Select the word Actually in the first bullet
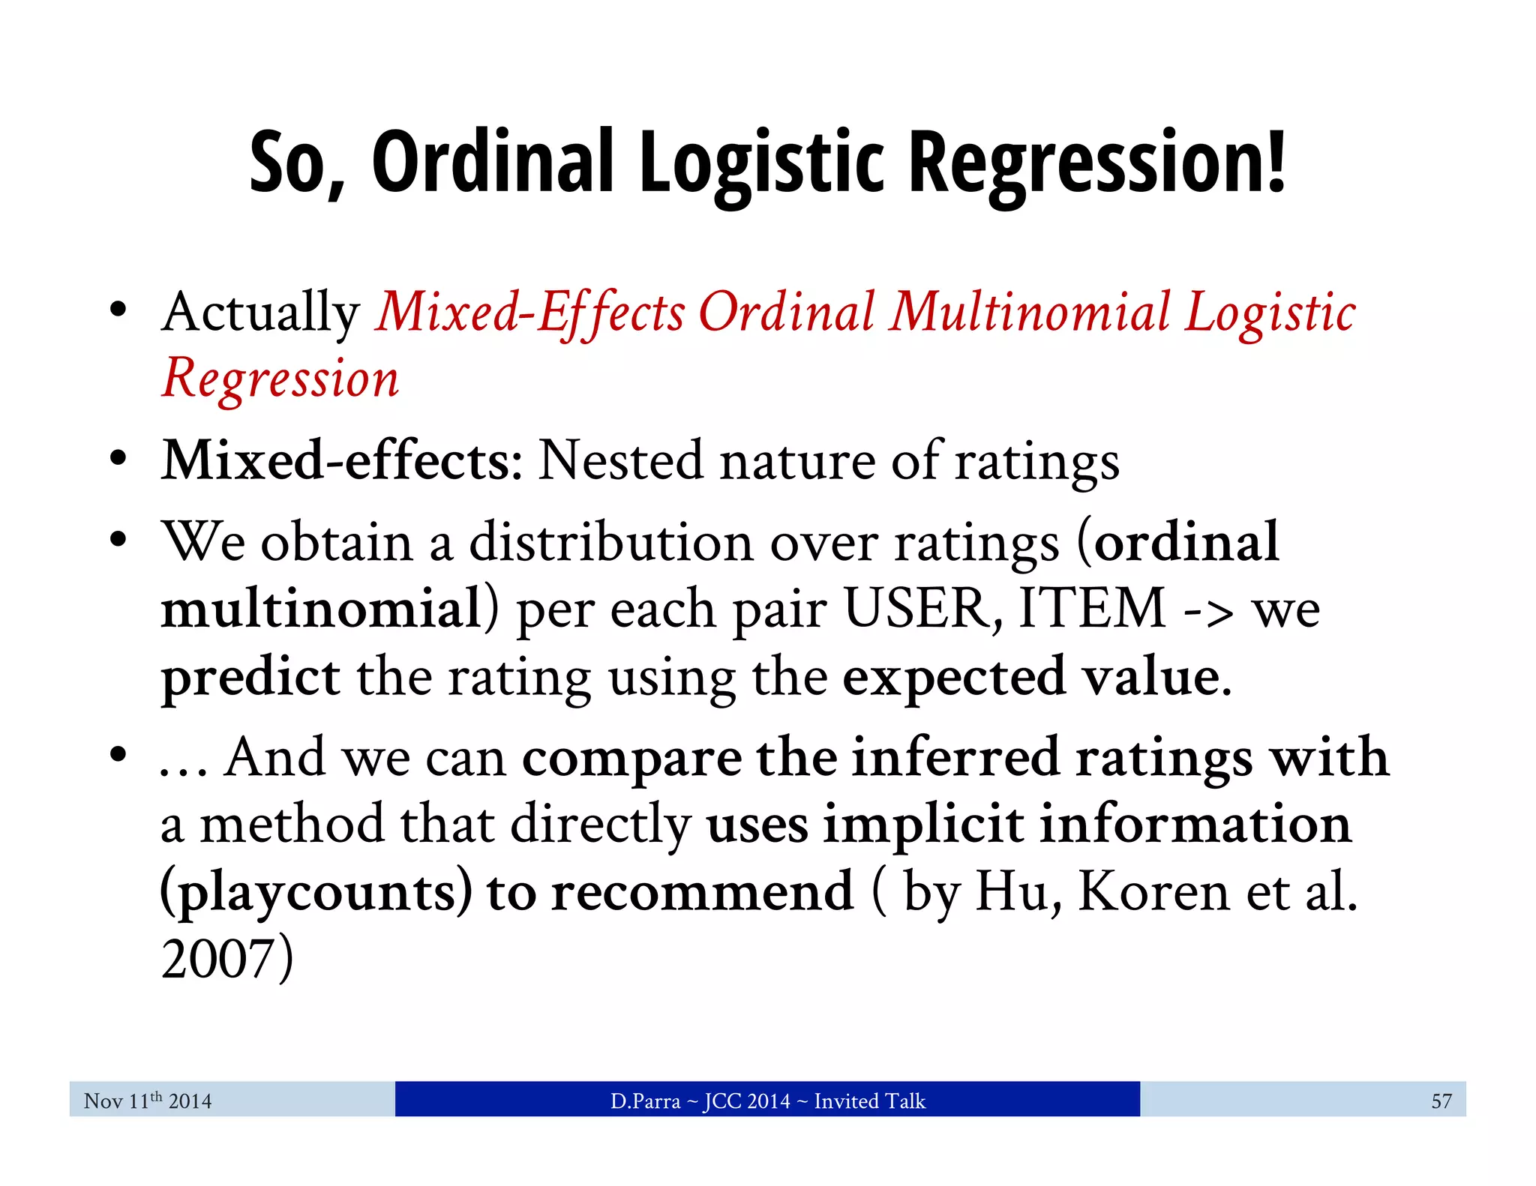(x=260, y=313)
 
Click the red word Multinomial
(x=1029, y=312)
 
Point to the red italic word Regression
(x=280, y=379)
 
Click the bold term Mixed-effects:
(x=342, y=460)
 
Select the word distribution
(x=610, y=542)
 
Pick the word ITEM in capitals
(x=1093, y=608)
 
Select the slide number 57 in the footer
(x=1441, y=1101)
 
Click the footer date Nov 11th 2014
(x=148, y=1101)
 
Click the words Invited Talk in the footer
(x=869, y=1101)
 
